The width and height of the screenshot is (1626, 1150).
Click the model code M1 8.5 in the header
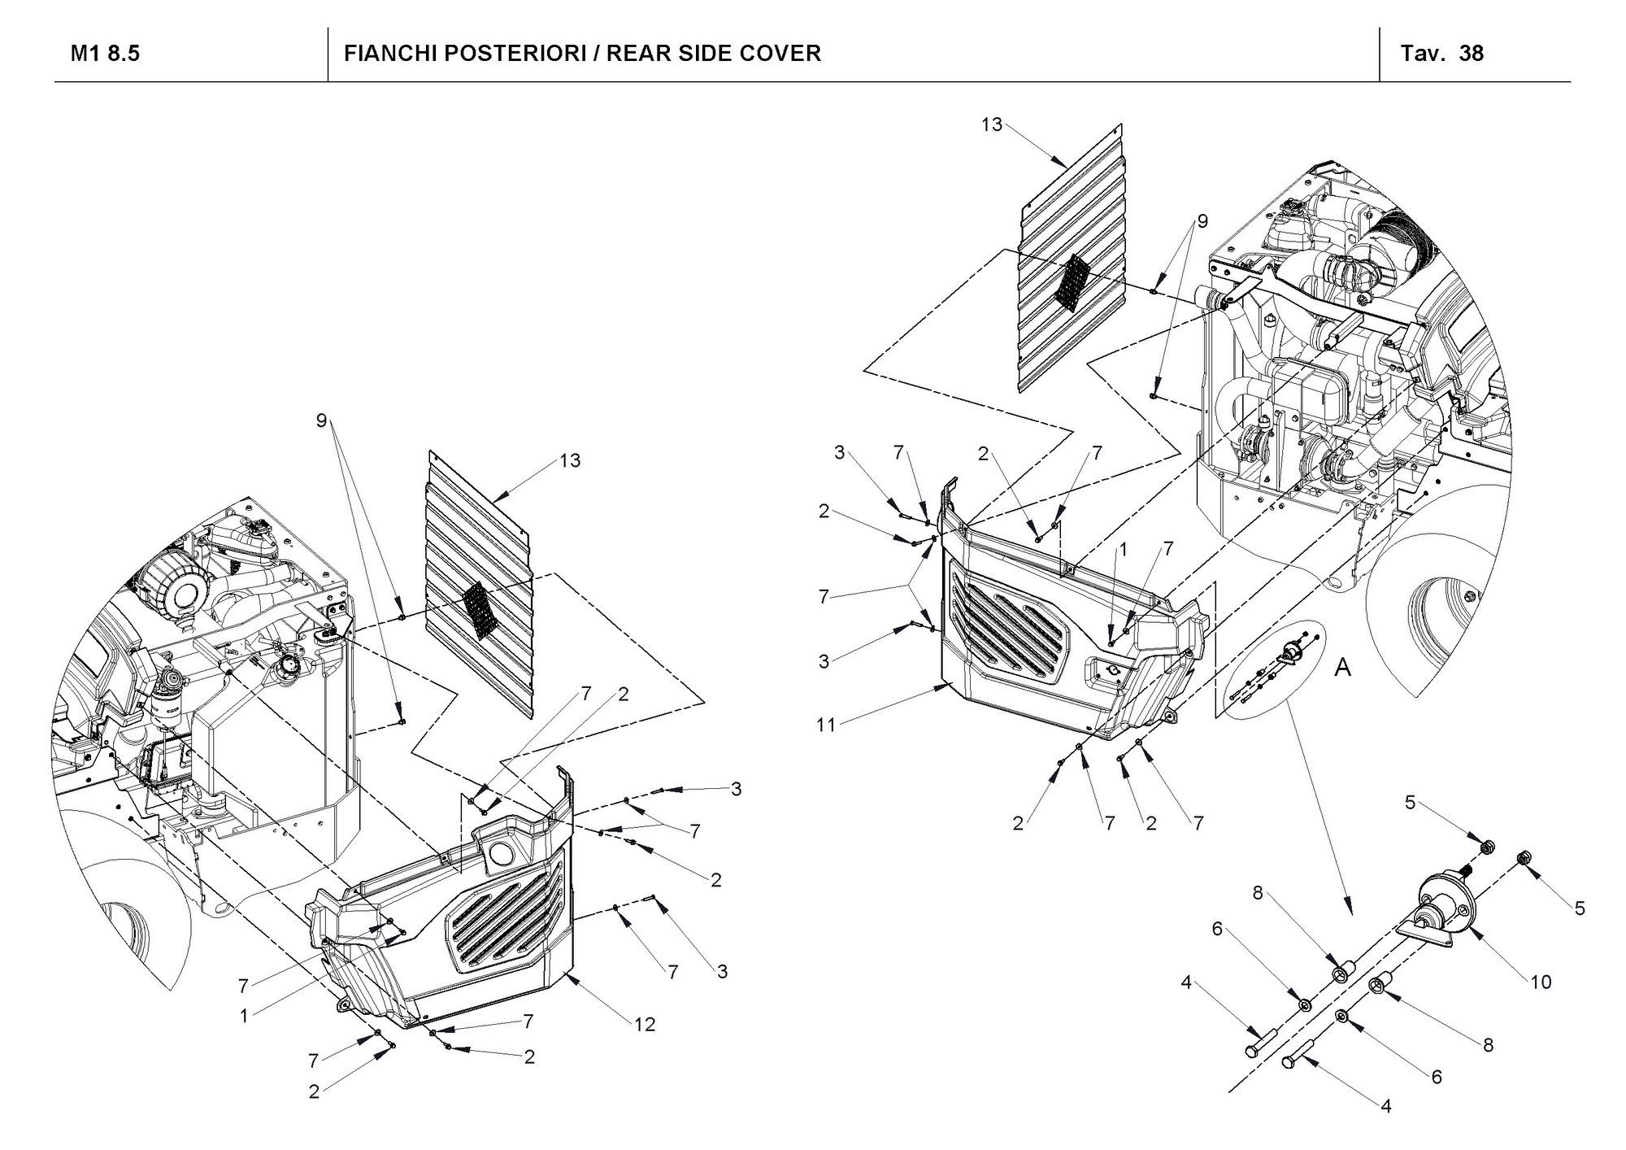pyautogui.click(x=106, y=54)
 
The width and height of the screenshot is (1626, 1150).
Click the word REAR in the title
pyautogui.click(x=637, y=54)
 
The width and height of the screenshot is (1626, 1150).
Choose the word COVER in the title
pyautogui.click(x=780, y=54)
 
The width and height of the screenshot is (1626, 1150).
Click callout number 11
pyautogui.click(x=826, y=725)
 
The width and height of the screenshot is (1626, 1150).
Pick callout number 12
pyautogui.click(x=645, y=1025)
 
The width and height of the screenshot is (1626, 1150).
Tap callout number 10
pyautogui.click(x=1541, y=982)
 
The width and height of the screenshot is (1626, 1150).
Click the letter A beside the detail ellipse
pyautogui.click(x=1343, y=669)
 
